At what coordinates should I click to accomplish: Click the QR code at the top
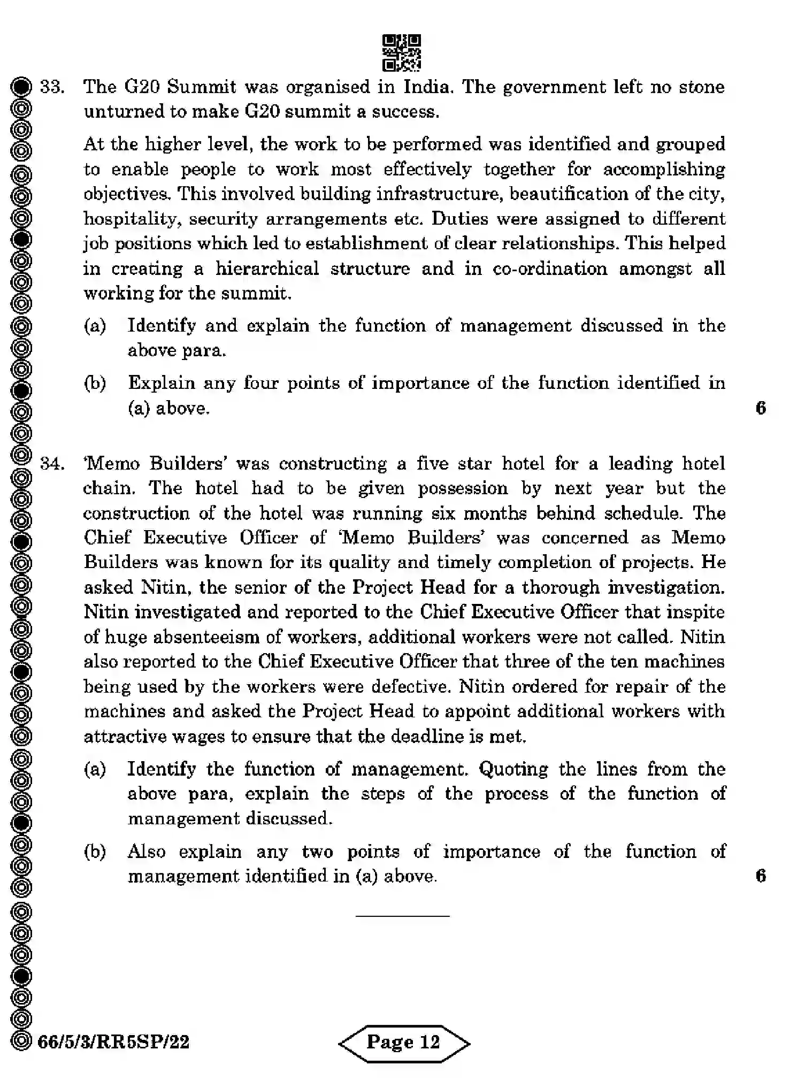click(x=402, y=53)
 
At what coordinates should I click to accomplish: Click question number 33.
click(x=52, y=87)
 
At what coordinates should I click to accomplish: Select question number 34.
click(x=52, y=463)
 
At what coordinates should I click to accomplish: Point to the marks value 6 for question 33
click(x=761, y=408)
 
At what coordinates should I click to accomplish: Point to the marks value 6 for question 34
click(x=761, y=876)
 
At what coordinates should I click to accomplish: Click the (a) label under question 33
click(x=95, y=326)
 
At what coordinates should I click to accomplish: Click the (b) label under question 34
click(x=95, y=851)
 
